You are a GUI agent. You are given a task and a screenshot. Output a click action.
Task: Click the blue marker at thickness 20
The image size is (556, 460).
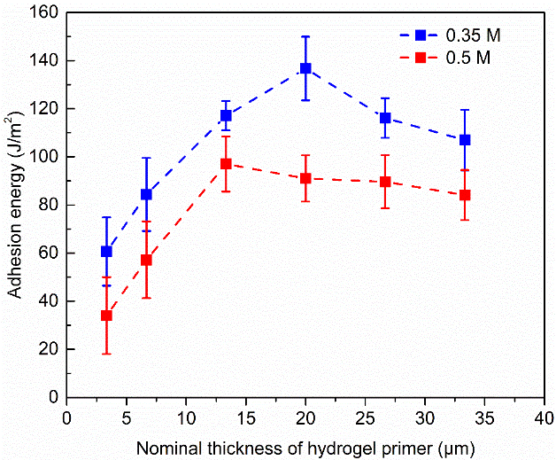point(305,68)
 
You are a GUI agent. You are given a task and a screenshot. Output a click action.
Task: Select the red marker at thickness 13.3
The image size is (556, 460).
point(226,164)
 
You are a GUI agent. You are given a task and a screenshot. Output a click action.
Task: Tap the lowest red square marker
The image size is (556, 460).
point(106,316)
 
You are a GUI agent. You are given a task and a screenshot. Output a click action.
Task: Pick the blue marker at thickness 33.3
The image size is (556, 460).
point(465,140)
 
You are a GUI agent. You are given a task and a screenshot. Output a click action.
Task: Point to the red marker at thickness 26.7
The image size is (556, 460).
point(385,182)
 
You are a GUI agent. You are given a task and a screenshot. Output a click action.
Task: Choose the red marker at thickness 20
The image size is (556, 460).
point(305,178)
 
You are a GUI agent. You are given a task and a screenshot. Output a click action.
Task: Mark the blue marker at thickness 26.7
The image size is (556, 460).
point(385,118)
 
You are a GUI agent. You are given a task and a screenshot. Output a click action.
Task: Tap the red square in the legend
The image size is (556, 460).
point(422,58)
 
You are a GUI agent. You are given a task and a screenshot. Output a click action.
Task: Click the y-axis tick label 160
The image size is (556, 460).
point(44,13)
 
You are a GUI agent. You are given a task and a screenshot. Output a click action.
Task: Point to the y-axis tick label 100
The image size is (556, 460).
point(44,157)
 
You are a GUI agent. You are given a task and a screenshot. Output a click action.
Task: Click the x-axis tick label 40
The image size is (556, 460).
point(544,415)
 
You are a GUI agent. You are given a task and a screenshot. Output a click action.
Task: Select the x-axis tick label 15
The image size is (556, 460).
point(245,415)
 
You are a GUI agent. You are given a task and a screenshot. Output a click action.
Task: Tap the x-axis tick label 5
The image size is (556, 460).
point(126,415)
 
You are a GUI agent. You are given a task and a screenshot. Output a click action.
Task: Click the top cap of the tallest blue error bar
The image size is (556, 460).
point(305,36)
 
